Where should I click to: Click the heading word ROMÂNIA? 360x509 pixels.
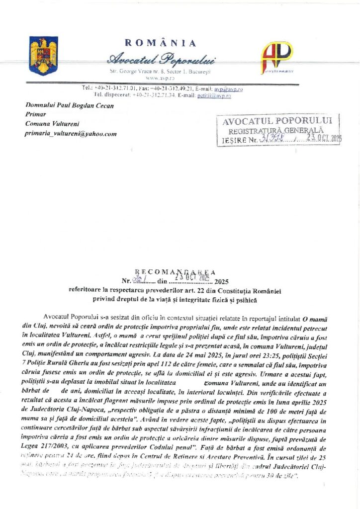[x=160, y=43]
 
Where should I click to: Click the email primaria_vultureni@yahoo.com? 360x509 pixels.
[x=71, y=134]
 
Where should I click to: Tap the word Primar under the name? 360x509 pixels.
[x=35, y=114]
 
